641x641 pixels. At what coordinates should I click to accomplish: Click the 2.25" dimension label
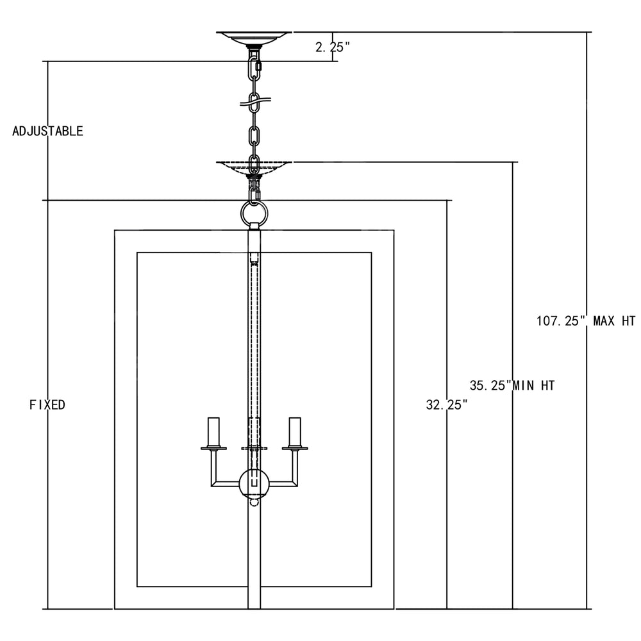333,47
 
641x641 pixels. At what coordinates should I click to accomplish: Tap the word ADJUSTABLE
48,131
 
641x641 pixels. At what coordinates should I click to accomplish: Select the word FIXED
47,404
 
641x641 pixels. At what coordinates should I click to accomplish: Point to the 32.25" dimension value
446,404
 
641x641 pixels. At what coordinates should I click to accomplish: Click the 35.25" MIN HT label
512,385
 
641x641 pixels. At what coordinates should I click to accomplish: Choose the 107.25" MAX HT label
586,321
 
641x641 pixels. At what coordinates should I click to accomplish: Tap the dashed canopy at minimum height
254,167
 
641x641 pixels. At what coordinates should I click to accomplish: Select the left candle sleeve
213,431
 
